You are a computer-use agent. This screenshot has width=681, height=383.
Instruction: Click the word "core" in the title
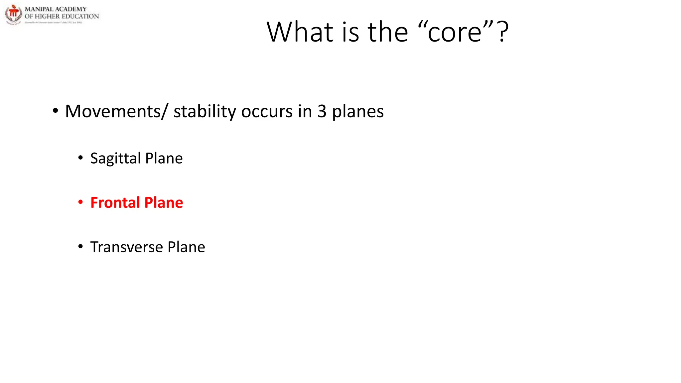455,33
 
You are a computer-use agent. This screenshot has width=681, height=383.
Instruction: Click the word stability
205,112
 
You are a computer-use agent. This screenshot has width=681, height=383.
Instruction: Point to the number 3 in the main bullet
322,111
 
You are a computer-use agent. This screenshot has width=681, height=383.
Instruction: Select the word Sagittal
115,159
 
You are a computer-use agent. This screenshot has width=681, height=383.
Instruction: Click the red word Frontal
115,202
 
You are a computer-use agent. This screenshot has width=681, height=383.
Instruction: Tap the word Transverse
126,247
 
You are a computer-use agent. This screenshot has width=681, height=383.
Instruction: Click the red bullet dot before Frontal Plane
80,202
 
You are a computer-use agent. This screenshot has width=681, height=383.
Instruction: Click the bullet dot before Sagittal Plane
80,158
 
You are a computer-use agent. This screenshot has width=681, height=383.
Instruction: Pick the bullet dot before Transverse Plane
80,247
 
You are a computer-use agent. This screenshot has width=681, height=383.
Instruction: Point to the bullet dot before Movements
55,111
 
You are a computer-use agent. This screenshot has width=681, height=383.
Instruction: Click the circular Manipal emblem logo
13,14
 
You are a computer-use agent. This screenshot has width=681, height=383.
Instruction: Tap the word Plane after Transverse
186,247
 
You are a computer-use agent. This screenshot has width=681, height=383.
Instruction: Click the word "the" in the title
388,32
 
